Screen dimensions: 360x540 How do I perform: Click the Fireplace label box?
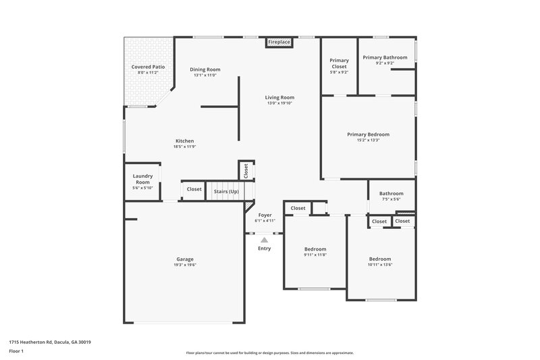(x=279, y=43)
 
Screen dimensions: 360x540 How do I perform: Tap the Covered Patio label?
(x=147, y=68)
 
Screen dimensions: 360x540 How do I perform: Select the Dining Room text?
(x=205, y=70)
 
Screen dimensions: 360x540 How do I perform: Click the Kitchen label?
(x=184, y=141)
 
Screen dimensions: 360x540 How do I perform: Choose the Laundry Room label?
(x=142, y=179)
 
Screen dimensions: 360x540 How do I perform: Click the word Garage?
(x=185, y=259)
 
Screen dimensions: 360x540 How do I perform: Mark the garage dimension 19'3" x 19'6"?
(x=185, y=265)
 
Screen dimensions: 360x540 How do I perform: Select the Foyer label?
(x=265, y=215)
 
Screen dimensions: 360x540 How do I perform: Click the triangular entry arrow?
(x=264, y=239)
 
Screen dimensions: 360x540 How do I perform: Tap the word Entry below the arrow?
(x=264, y=249)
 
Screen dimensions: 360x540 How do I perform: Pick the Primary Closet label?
(x=339, y=63)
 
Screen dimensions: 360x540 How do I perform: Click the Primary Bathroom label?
(x=385, y=57)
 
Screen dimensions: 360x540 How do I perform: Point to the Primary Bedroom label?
(x=368, y=134)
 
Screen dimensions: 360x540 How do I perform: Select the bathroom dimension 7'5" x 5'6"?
(x=391, y=199)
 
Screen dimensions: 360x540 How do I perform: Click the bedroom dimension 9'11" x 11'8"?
(x=315, y=255)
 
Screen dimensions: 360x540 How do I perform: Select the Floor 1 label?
(x=16, y=352)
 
